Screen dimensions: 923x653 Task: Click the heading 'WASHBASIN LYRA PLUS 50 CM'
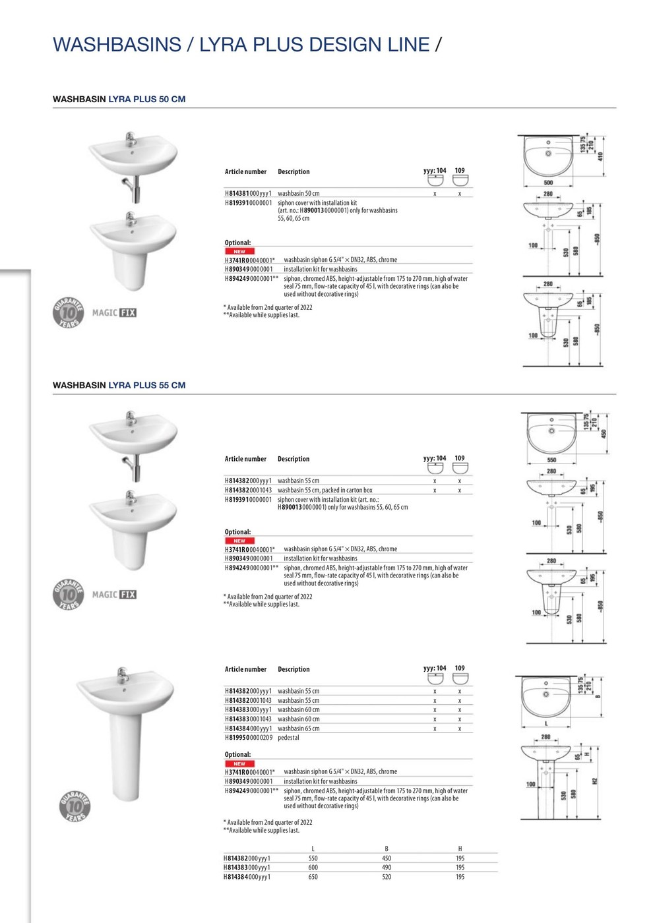119,100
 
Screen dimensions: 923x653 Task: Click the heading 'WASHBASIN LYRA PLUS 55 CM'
119,386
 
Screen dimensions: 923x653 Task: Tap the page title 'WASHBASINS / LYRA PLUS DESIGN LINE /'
247,45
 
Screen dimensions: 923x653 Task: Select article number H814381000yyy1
248,194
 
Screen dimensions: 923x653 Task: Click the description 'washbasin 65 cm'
298,729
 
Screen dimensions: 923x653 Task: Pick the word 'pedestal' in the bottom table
288,738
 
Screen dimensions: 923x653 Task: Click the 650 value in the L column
313,877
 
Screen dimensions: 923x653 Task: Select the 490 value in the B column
387,868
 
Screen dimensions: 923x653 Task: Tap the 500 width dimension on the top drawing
548,183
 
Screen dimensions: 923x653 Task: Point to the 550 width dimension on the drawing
551,460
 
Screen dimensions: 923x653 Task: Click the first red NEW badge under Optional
239,252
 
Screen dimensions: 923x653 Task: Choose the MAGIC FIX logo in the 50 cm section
114,313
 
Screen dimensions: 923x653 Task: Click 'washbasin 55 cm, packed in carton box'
325,491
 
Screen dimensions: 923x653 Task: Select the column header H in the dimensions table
460,849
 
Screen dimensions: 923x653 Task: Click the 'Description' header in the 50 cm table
294,172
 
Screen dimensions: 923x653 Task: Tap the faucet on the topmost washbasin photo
131,139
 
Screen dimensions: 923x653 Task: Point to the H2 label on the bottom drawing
594,781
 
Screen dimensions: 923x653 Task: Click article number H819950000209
248,738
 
